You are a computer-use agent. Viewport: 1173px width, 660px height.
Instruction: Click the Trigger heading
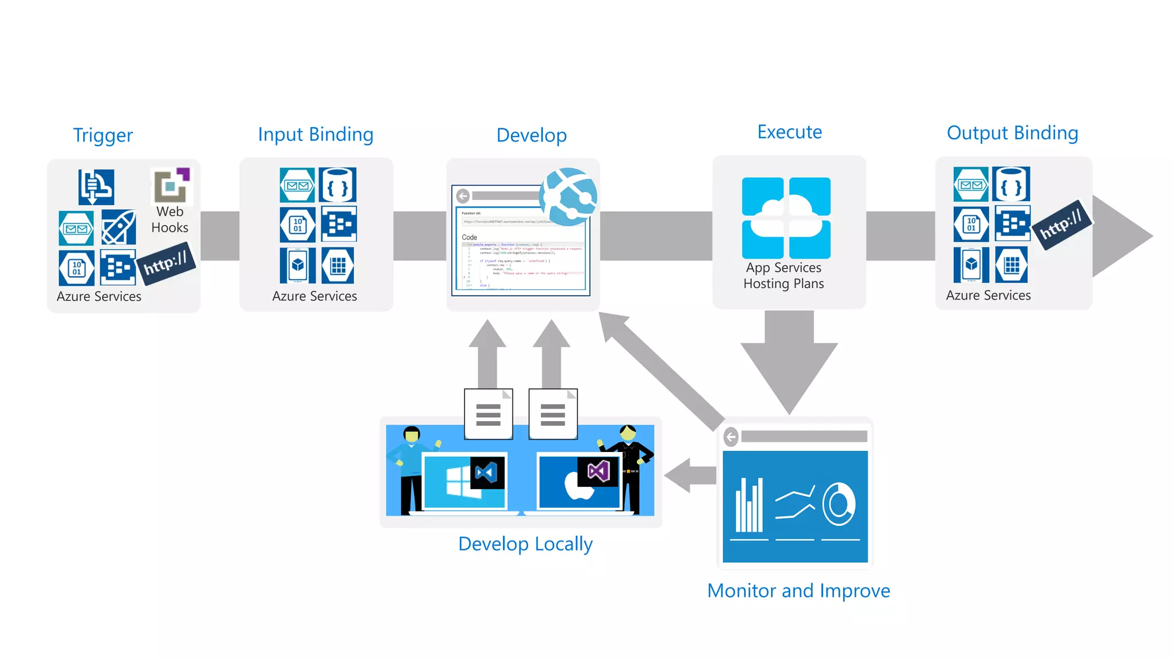pos(103,135)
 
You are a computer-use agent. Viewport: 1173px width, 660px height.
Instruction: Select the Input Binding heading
pos(316,134)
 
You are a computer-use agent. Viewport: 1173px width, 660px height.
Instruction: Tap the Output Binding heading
pos(1012,133)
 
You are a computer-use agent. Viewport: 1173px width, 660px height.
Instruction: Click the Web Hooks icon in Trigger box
pos(171,186)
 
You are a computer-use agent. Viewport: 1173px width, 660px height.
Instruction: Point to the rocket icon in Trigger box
pos(119,227)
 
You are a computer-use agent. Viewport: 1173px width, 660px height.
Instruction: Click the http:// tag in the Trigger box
pos(166,264)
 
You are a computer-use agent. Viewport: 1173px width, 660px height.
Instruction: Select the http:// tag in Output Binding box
pos(1061,224)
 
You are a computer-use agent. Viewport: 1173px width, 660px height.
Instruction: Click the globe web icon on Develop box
pos(569,197)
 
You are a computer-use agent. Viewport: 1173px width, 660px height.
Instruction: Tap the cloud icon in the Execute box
pos(786,217)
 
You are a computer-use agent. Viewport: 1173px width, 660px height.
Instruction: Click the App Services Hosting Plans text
pos(784,276)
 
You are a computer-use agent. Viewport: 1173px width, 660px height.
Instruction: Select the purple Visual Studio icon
pos(599,472)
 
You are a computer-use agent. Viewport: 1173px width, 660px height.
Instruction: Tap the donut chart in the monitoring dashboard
pos(839,504)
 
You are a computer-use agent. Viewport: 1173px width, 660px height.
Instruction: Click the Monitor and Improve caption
pos(798,591)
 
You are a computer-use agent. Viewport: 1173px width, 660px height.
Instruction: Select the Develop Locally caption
pos(525,544)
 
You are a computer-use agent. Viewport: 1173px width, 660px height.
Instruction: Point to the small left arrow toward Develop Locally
pos(690,475)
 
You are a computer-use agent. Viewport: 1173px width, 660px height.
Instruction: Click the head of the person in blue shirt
pos(412,434)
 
